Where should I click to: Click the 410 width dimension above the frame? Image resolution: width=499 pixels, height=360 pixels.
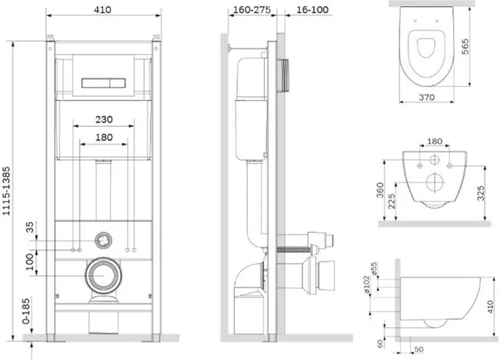(103, 11)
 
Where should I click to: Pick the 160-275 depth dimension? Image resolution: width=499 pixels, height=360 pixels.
(251, 11)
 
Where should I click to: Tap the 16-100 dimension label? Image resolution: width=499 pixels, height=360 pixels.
(306, 11)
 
